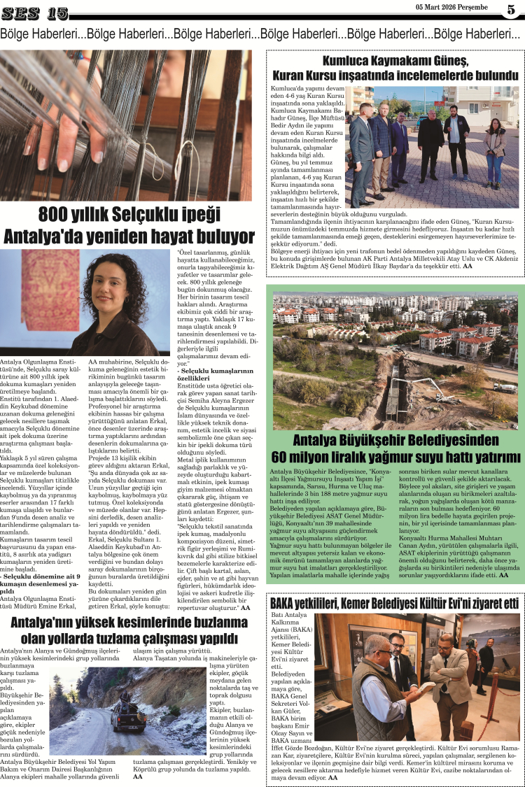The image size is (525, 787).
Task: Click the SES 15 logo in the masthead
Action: (35, 13)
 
